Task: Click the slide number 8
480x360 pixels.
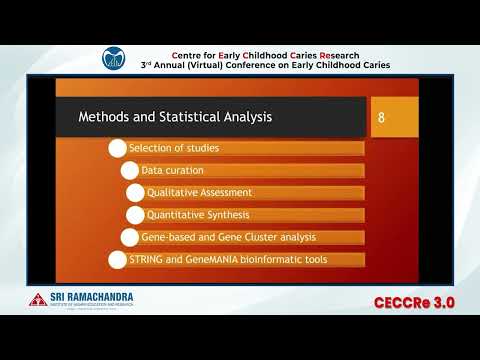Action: [x=381, y=118]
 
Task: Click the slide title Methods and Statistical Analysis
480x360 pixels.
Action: [x=175, y=118]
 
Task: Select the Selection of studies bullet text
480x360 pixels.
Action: [x=174, y=148]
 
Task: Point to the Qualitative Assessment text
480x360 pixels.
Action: [x=199, y=192]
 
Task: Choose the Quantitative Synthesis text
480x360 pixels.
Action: [x=199, y=214]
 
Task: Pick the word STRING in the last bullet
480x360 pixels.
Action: [x=148, y=259]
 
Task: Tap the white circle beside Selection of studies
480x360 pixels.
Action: [x=116, y=148]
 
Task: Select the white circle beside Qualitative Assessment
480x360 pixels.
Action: [x=135, y=192]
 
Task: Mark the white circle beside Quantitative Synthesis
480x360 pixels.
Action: [x=135, y=215]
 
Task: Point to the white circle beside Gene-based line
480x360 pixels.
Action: [x=128, y=237]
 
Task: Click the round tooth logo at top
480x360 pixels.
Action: [x=117, y=59]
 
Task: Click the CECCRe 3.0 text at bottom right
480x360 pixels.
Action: [x=417, y=302]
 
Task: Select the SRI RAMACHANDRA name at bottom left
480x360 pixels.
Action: [x=92, y=297]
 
